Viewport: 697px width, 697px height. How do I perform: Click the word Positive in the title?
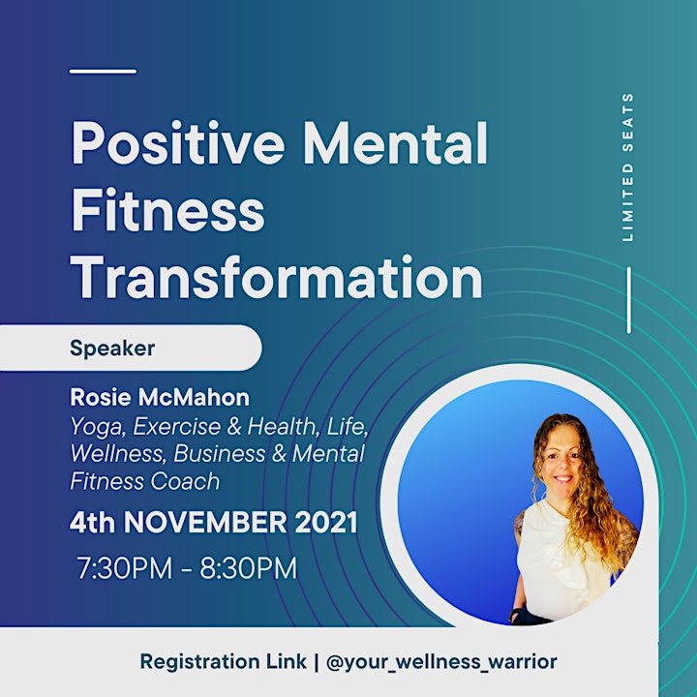[x=178, y=142]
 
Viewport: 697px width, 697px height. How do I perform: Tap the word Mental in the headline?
[x=395, y=142]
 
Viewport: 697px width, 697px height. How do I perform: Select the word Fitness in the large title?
[x=167, y=209]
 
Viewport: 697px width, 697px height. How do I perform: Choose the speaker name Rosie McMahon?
[x=160, y=397]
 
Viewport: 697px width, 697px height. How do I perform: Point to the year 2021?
[x=326, y=522]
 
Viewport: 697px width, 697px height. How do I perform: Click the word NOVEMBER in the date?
[x=205, y=522]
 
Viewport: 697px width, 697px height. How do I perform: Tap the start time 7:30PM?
[x=125, y=567]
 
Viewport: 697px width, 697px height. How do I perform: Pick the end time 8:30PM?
[x=248, y=567]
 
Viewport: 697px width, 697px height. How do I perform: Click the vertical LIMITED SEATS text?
[x=627, y=167]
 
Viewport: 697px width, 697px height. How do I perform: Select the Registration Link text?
[x=224, y=661]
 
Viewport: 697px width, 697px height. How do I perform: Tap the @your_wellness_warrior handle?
[x=441, y=662]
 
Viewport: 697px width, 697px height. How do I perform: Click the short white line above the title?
[x=104, y=71]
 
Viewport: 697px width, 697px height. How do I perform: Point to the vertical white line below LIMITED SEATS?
[x=629, y=299]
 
